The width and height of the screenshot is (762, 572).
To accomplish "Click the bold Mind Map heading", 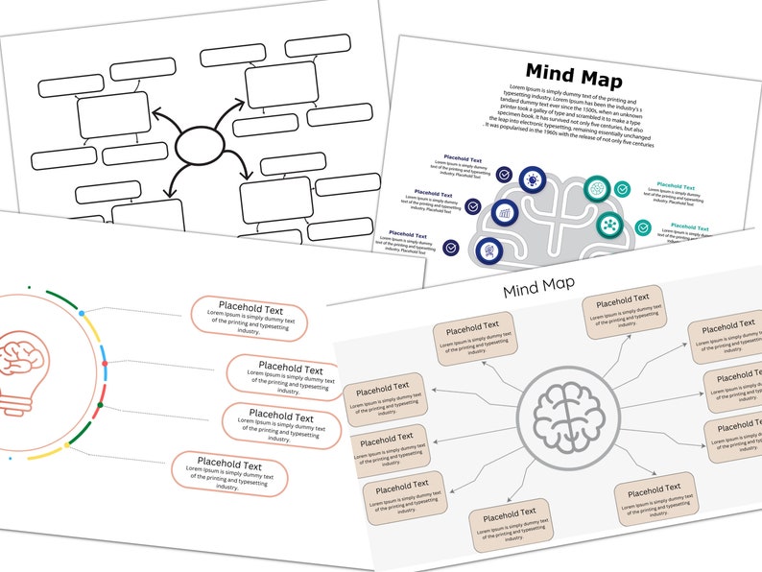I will (574, 74).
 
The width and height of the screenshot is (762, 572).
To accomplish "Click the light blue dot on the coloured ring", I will (82, 314).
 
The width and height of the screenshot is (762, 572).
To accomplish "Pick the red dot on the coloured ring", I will (105, 364).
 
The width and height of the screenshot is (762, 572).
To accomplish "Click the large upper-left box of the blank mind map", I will (114, 115).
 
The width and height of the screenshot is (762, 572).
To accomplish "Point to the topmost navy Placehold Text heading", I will (456, 159).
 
